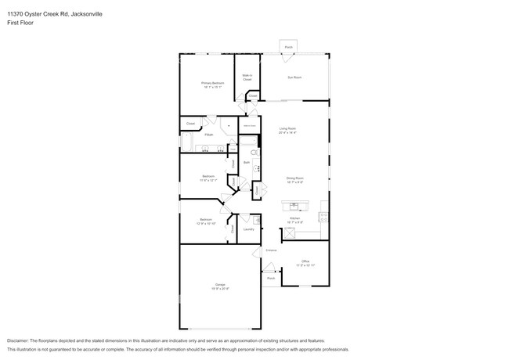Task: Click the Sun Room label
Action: [x=294, y=77]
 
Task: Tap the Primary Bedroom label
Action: [x=212, y=82]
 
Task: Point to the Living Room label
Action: [x=287, y=128]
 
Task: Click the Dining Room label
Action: [x=294, y=178]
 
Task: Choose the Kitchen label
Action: [x=295, y=218]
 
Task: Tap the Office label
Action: [x=305, y=261]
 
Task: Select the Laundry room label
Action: [x=248, y=229]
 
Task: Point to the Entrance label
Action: [x=271, y=250]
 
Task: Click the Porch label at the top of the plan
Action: [x=288, y=48]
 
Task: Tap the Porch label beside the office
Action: [x=271, y=278]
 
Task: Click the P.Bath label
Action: [x=209, y=135]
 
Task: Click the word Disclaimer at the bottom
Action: [x=21, y=340]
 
